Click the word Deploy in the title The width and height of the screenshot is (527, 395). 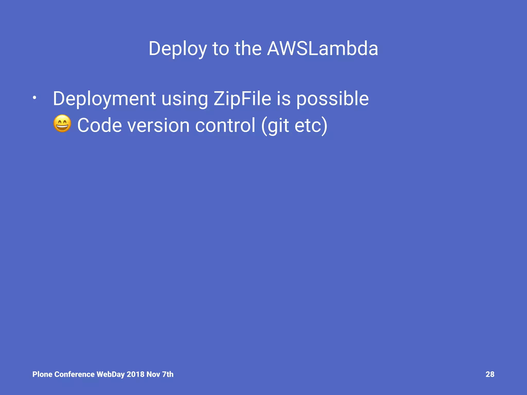tap(178, 49)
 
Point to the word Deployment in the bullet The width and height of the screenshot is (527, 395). tap(104, 99)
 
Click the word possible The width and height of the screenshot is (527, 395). tap(332, 99)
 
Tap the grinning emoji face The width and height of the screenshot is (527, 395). tap(62, 124)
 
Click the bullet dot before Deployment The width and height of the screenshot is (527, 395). tap(34, 98)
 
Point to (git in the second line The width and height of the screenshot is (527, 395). tap(275, 125)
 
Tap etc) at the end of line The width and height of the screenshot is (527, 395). tap(311, 125)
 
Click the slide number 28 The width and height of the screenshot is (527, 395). tap(490, 374)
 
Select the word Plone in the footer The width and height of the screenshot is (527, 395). tap(42, 374)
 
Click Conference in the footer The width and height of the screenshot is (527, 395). tap(75, 374)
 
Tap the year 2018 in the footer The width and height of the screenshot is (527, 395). tap(135, 374)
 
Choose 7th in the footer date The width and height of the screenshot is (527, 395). tap(168, 374)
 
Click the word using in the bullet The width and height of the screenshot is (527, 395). tap(185, 99)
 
